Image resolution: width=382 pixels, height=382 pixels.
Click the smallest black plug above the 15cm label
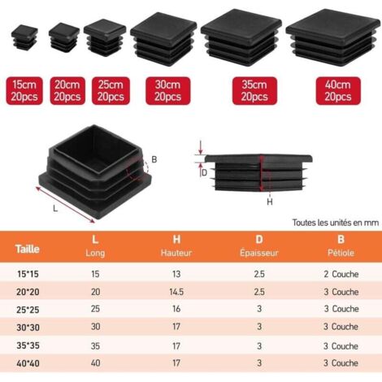point(24,37)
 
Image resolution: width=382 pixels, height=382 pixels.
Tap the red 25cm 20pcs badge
point(111,91)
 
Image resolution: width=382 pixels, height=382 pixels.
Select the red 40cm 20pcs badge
point(338,91)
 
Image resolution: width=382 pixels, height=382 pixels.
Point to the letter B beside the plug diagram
point(154,159)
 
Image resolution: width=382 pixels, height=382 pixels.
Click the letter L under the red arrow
point(55,209)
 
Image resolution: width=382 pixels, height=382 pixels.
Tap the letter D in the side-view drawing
point(205,173)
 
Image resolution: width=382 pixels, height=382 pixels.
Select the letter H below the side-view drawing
point(270,202)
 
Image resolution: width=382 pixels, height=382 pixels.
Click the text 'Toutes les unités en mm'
point(336,223)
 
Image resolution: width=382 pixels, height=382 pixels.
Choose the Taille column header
point(28,249)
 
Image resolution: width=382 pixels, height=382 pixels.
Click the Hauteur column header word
point(176,253)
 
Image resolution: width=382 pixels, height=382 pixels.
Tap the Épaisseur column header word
point(259,253)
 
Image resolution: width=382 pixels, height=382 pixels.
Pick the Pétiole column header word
point(341,253)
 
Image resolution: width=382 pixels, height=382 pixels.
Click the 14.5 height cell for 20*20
point(176,292)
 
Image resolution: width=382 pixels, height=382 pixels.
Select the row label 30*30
point(28,328)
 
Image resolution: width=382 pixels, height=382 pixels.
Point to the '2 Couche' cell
point(341,274)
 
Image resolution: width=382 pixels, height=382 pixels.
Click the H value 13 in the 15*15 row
point(176,274)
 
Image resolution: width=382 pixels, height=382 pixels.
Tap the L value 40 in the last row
point(96,362)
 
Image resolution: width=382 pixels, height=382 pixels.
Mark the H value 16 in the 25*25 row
point(176,309)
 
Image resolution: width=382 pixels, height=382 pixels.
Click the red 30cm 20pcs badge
point(168,91)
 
